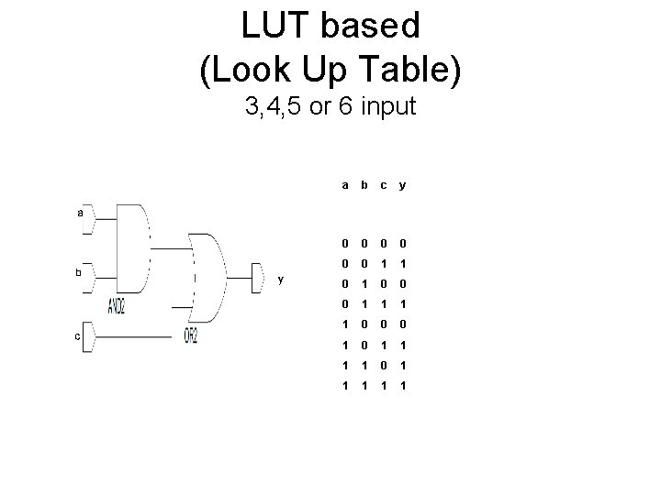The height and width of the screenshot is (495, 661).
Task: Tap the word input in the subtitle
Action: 389,107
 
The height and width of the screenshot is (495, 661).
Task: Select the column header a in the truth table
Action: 344,184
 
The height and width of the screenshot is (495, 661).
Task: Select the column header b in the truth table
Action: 364,184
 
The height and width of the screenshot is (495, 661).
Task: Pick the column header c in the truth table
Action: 383,184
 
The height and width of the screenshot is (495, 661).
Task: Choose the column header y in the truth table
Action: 402,184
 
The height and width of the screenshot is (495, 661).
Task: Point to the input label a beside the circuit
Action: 80,212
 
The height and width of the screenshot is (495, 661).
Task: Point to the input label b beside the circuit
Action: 79,272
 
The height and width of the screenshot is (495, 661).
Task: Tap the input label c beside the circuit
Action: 78,336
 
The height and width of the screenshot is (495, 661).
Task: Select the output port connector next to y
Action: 259,272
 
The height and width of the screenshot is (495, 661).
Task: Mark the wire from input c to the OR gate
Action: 138,337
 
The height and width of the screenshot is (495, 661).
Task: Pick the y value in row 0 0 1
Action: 402,262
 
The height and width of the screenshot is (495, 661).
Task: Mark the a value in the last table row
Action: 344,385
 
